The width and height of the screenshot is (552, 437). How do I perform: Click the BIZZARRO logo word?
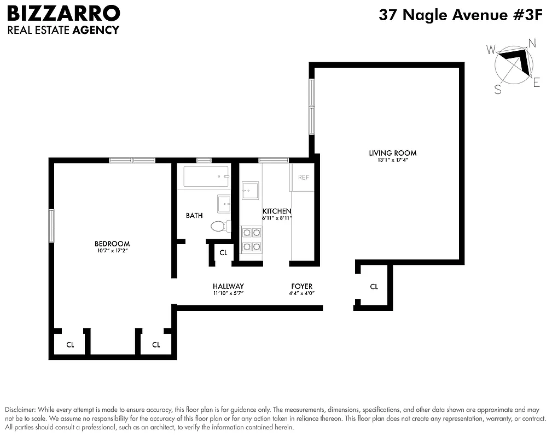coord(63,13)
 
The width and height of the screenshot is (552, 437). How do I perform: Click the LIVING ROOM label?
coord(388,153)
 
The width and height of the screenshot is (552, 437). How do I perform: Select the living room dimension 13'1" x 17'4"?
coord(388,161)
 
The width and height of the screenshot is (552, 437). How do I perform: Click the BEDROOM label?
coord(112,244)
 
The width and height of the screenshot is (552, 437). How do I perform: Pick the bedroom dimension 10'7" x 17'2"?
coord(112,251)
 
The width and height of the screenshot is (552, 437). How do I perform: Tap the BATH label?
coord(194,216)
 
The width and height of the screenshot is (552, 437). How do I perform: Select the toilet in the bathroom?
coord(219,226)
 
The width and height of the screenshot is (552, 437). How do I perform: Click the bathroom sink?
coord(224,203)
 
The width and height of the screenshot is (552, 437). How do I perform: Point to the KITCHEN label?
coord(277,211)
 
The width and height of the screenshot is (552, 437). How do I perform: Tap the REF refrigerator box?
coord(303,178)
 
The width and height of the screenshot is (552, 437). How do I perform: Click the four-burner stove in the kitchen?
coord(252,240)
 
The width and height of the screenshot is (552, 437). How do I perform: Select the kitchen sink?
coord(251,191)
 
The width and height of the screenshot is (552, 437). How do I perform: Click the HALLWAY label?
coord(228,286)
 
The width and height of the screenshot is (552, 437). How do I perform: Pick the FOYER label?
coord(301,286)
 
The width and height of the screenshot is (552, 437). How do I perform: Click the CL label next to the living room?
coord(374,286)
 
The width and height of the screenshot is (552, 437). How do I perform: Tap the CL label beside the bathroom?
coord(223,253)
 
